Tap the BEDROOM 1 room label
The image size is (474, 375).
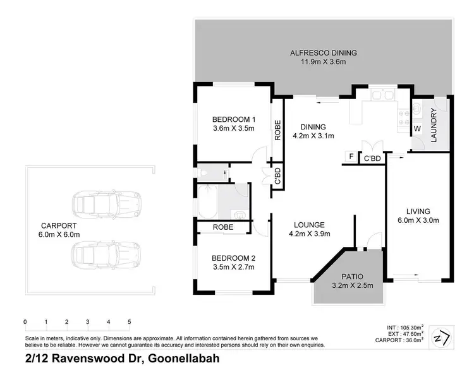coord(233,119)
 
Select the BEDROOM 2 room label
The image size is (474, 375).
coord(233,258)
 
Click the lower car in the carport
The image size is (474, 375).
coord(106,256)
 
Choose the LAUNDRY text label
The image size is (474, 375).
coord(434,126)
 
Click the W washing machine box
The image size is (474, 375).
coord(417,129)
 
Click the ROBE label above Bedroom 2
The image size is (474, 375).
coord(223,227)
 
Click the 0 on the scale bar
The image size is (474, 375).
coord(25,322)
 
